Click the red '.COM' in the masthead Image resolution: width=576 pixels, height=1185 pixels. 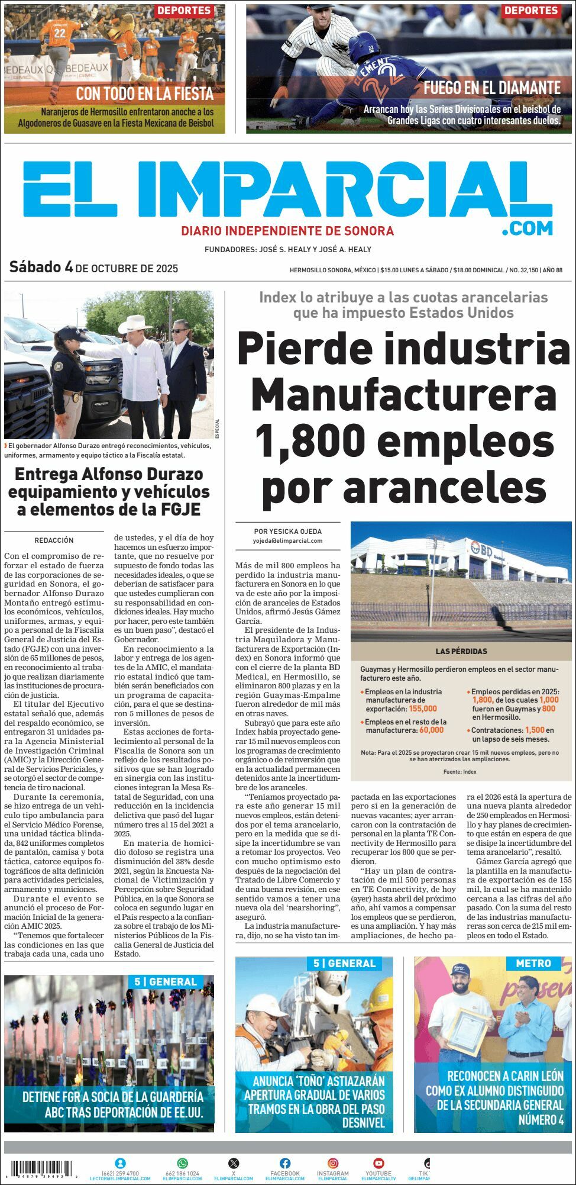[528, 228]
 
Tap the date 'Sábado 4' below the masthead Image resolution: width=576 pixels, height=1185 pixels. [41, 268]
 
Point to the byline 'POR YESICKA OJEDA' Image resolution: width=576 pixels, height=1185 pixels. [287, 531]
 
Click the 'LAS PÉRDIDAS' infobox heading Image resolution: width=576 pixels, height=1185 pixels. [461, 651]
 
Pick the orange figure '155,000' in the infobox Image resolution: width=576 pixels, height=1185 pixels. [422, 709]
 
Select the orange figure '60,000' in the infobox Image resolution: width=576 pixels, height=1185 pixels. [431, 730]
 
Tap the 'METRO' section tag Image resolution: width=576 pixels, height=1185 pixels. [533, 964]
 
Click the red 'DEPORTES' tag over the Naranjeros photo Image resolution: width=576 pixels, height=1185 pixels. [184, 11]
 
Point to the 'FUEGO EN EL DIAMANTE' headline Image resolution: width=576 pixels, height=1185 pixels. [491, 88]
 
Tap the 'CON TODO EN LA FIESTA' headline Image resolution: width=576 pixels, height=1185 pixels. [144, 93]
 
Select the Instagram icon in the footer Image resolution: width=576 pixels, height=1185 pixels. [334, 1163]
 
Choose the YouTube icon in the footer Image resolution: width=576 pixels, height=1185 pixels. [378, 1163]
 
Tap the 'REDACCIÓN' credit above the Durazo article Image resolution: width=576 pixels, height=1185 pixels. [54, 540]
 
